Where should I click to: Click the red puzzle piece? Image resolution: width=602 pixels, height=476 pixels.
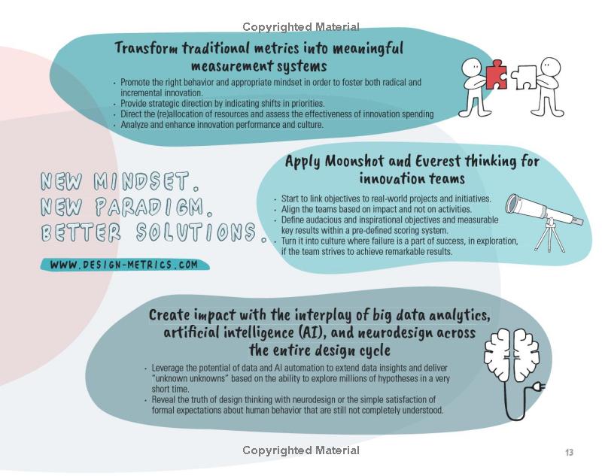point(496,74)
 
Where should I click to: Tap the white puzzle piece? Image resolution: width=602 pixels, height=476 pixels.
point(524,77)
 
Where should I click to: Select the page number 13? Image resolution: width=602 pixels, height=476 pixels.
point(569,452)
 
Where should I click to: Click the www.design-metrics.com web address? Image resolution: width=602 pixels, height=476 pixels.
point(124,265)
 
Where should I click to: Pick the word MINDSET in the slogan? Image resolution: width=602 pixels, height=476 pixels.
point(141,181)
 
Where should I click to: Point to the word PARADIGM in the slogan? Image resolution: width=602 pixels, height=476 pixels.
point(150,207)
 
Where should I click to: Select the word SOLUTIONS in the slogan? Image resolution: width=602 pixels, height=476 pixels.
point(196,232)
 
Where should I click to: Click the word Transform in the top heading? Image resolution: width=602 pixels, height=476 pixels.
point(146,49)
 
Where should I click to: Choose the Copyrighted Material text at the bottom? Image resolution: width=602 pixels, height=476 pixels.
point(301,450)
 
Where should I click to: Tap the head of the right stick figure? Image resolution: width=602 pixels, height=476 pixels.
point(551,67)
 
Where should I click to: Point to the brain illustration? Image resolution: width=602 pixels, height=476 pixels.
point(512,353)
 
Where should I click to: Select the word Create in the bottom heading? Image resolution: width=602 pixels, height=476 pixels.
point(169,315)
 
